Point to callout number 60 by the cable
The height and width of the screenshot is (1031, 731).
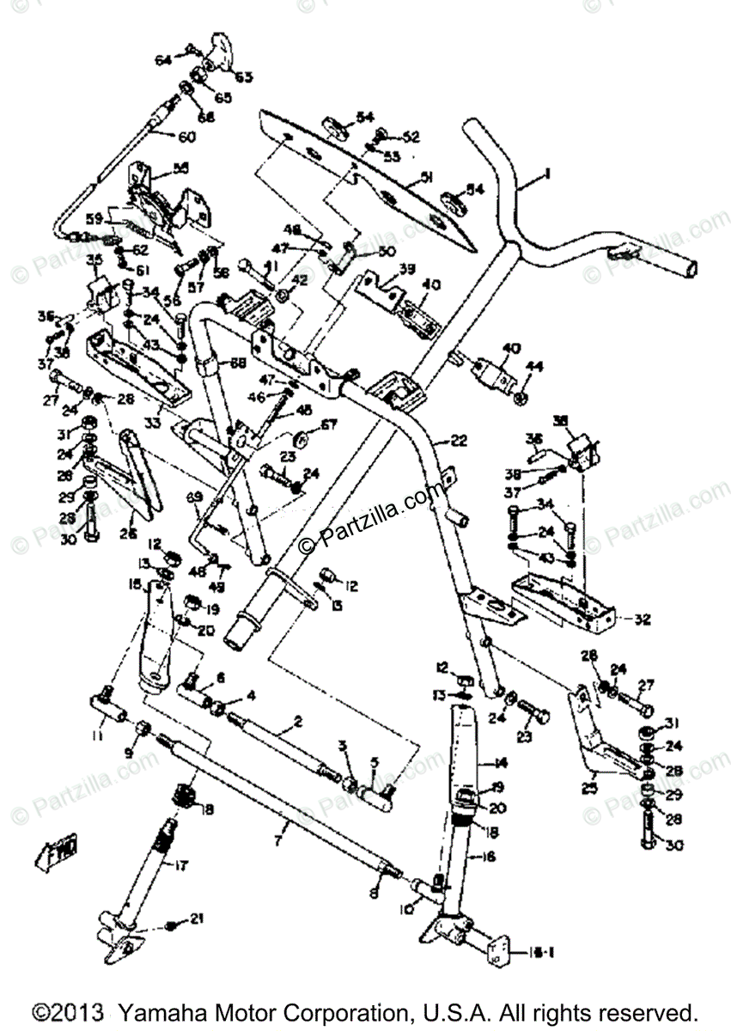[186, 136]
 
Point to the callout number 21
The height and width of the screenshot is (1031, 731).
[198, 919]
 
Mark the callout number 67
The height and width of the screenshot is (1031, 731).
[306, 424]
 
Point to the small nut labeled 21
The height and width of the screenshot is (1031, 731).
[171, 924]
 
